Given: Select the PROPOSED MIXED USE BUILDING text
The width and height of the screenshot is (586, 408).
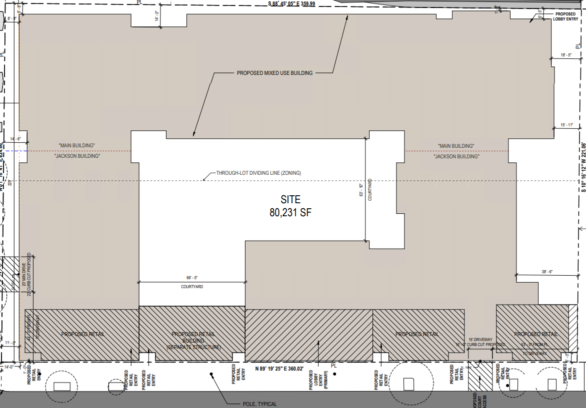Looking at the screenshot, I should click(274, 73).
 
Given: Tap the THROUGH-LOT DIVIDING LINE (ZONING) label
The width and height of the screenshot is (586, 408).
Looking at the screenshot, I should click(258, 173).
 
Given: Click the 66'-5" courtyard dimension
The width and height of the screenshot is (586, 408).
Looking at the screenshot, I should click(192, 278).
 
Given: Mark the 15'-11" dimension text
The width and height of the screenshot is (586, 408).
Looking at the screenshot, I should click(565, 125).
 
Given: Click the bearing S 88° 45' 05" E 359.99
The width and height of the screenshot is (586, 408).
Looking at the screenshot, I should click(291, 3).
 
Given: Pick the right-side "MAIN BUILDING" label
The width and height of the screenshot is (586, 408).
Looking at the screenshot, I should click(455, 146).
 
